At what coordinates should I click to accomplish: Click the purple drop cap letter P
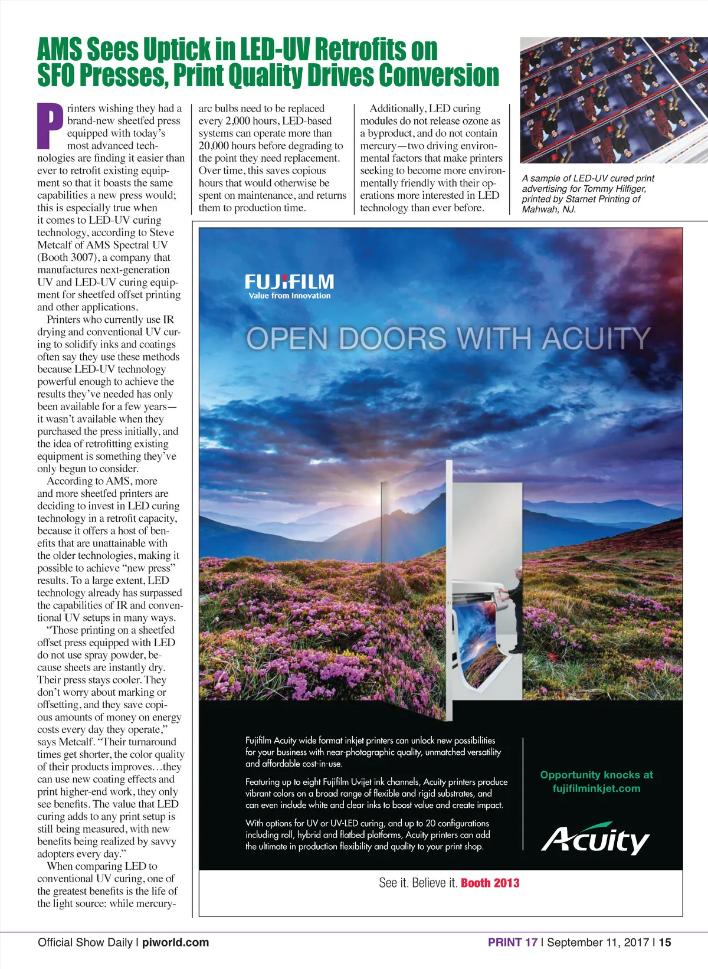pyautogui.click(x=50, y=126)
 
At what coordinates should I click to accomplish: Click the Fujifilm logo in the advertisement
pyautogui.click(x=289, y=281)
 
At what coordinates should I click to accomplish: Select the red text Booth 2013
pyautogui.click(x=490, y=883)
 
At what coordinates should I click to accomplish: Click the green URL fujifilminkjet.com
pyautogui.click(x=596, y=788)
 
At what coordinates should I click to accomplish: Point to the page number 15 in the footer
pyautogui.click(x=665, y=942)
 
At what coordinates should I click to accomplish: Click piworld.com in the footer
pyautogui.click(x=175, y=942)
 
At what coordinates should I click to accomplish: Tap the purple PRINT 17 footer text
pyautogui.click(x=512, y=942)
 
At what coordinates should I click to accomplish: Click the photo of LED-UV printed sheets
pyautogui.click(x=614, y=100)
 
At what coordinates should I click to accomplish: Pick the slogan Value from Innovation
pyautogui.click(x=289, y=296)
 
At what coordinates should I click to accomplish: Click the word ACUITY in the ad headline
pyautogui.click(x=596, y=339)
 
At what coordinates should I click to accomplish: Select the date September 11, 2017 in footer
pyautogui.click(x=598, y=942)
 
